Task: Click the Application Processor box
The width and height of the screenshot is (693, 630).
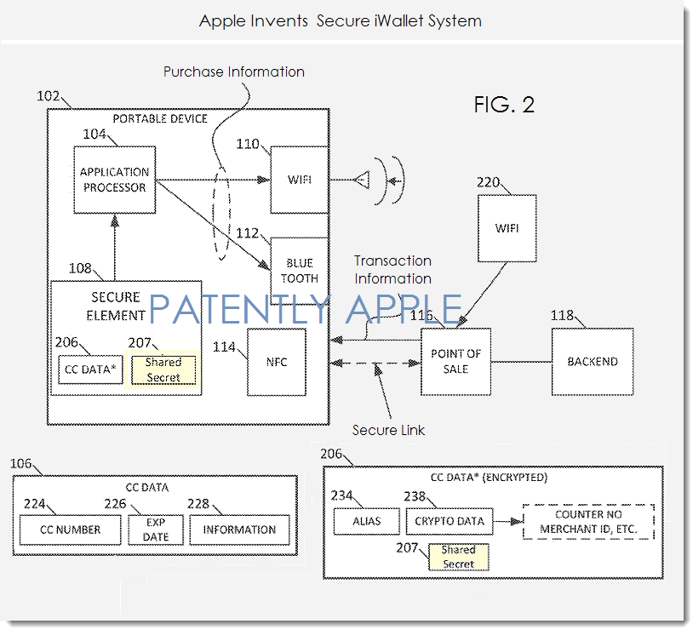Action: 113,180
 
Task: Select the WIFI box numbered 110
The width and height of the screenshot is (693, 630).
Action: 299,180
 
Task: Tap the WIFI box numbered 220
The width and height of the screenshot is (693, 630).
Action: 507,228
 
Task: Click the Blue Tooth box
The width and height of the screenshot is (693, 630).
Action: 299,270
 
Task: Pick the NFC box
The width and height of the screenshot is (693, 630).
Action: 276,362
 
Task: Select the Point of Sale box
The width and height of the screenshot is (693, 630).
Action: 455,361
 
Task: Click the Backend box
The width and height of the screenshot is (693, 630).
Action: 592,361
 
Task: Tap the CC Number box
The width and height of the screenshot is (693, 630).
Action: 70,530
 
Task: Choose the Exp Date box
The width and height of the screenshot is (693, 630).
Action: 156,530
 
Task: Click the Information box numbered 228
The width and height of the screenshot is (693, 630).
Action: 239,530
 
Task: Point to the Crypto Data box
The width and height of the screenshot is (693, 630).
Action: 449,521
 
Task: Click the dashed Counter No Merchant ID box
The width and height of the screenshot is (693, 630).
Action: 588,522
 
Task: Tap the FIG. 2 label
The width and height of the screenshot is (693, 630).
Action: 504,105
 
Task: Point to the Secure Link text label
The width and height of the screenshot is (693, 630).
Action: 388,430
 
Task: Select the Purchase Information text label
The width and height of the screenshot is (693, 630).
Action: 233,72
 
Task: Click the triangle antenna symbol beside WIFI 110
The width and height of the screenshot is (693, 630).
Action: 361,180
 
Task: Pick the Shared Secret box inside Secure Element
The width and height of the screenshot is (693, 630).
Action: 163,370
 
